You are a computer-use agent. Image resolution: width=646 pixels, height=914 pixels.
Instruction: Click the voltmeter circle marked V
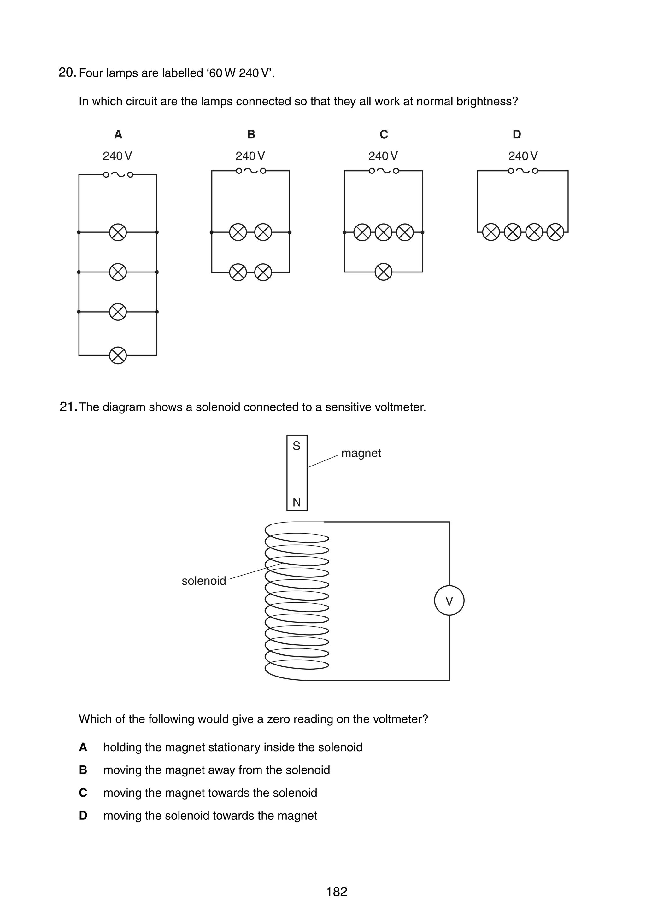pyautogui.click(x=449, y=601)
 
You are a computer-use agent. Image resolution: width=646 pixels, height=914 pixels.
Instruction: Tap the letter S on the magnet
pyautogui.click(x=297, y=446)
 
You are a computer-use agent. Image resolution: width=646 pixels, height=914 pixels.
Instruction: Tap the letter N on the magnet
pyautogui.click(x=297, y=502)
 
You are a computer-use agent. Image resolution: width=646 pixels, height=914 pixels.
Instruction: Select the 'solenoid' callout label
pyautogui.click(x=204, y=581)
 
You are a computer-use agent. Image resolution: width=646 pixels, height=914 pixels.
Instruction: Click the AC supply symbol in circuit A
pyautogui.click(x=118, y=174)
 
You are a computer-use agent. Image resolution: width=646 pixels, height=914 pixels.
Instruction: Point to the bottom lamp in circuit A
pyautogui.click(x=118, y=355)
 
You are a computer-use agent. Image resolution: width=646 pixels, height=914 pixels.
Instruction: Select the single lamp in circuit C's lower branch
pyautogui.click(x=383, y=272)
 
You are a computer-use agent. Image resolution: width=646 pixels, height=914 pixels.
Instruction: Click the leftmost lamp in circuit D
pyautogui.click(x=491, y=232)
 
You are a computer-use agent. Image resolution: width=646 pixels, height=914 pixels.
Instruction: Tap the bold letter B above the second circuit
pyautogui.click(x=251, y=135)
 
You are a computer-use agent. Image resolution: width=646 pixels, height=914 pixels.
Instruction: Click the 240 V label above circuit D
pyautogui.click(x=523, y=156)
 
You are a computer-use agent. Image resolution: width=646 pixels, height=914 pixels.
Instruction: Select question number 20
pyautogui.click(x=67, y=73)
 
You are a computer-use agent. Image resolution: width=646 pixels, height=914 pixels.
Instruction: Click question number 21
pyautogui.click(x=68, y=407)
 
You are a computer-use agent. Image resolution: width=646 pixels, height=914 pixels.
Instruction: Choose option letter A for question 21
pyautogui.click(x=83, y=747)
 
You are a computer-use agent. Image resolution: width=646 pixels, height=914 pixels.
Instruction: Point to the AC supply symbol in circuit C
pyautogui.click(x=383, y=171)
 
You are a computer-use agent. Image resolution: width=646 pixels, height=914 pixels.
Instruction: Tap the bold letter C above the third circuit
pyautogui.click(x=384, y=135)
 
